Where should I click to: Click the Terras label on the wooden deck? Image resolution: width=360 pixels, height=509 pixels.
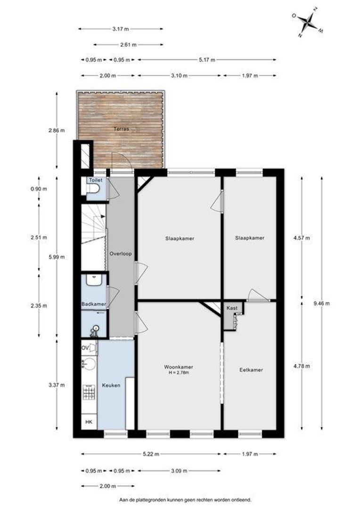(121, 129)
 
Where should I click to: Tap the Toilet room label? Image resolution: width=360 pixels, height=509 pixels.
(96, 180)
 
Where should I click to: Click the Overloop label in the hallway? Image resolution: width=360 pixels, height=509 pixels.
(121, 254)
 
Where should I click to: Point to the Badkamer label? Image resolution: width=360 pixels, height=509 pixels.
(94, 304)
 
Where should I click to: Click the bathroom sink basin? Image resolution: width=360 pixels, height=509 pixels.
(94, 280)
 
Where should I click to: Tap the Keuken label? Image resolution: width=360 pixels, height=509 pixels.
(111, 386)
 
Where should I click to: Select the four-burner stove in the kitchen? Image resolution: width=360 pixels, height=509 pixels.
(89, 392)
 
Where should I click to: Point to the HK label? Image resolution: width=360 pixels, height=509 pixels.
(89, 422)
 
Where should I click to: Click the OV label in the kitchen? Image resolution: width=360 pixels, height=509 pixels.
(85, 348)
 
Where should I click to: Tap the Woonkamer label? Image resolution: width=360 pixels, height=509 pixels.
(179, 367)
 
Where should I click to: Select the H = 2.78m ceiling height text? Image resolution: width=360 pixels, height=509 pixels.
(179, 373)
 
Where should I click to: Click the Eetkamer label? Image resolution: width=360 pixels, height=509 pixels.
(251, 370)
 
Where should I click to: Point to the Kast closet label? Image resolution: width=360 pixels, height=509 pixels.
(232, 308)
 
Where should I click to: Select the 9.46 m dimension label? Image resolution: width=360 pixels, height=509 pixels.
(322, 304)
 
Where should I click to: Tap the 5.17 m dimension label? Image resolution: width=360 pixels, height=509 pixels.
(207, 60)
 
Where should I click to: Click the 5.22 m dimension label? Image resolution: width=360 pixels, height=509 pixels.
(151, 454)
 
